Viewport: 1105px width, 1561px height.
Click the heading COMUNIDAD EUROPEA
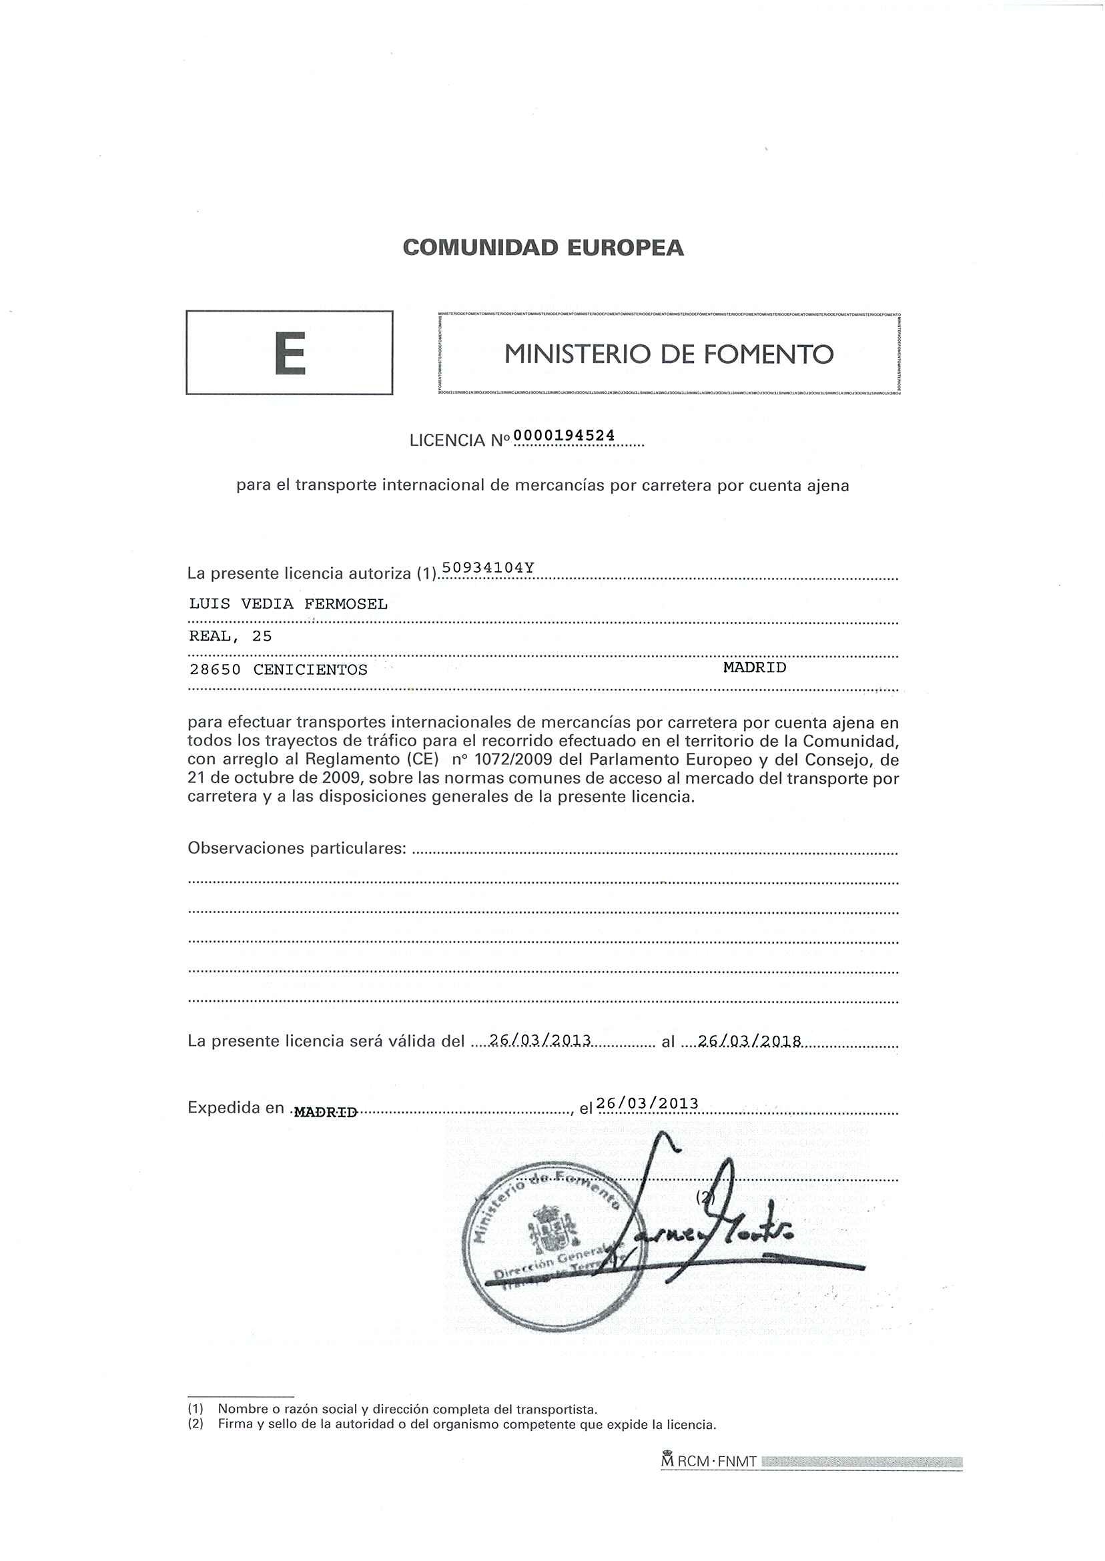pyautogui.click(x=543, y=248)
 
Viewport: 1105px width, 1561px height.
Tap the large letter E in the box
pyautogui.click(x=290, y=353)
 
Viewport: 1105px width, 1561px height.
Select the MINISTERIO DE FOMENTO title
pyautogui.click(x=668, y=354)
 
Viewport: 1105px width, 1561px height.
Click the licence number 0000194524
pyautogui.click(x=564, y=435)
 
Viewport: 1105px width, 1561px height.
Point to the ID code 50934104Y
pyautogui.click(x=488, y=567)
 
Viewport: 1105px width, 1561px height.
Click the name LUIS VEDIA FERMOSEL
pyautogui.click(x=288, y=603)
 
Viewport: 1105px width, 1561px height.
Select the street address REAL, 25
pyautogui.click(x=230, y=636)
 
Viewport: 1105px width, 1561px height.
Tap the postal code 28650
pyautogui.click(x=214, y=669)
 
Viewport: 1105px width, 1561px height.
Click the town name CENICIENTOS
pyautogui.click(x=310, y=669)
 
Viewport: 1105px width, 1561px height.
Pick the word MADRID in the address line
pyautogui.click(x=755, y=667)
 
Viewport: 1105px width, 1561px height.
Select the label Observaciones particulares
pyautogui.click(x=297, y=848)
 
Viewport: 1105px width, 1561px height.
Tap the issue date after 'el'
pyautogui.click(x=647, y=1103)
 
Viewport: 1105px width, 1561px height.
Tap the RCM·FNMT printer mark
pyautogui.click(x=709, y=1461)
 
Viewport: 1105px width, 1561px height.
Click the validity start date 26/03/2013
pyautogui.click(x=540, y=1040)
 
